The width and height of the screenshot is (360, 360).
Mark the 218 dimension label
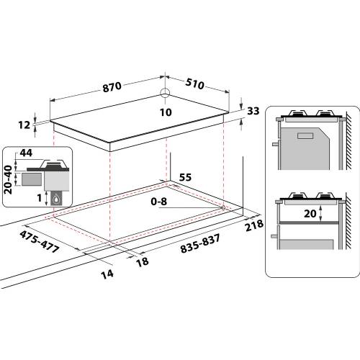tap(254, 228)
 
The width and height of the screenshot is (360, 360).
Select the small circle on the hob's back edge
tap(166, 93)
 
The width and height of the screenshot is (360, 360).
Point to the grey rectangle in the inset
tap(31, 176)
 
